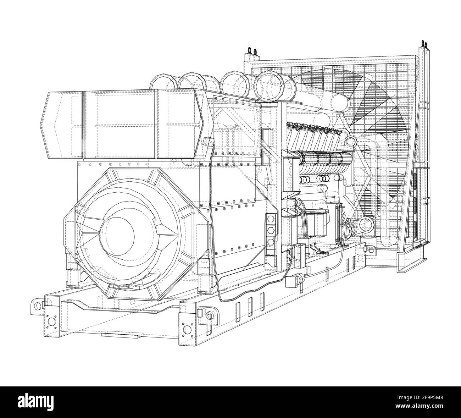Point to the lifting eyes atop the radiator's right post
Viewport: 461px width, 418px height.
tap(424, 44)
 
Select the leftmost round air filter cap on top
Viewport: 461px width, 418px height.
tap(161, 82)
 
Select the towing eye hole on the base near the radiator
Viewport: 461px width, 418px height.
tap(371, 251)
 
